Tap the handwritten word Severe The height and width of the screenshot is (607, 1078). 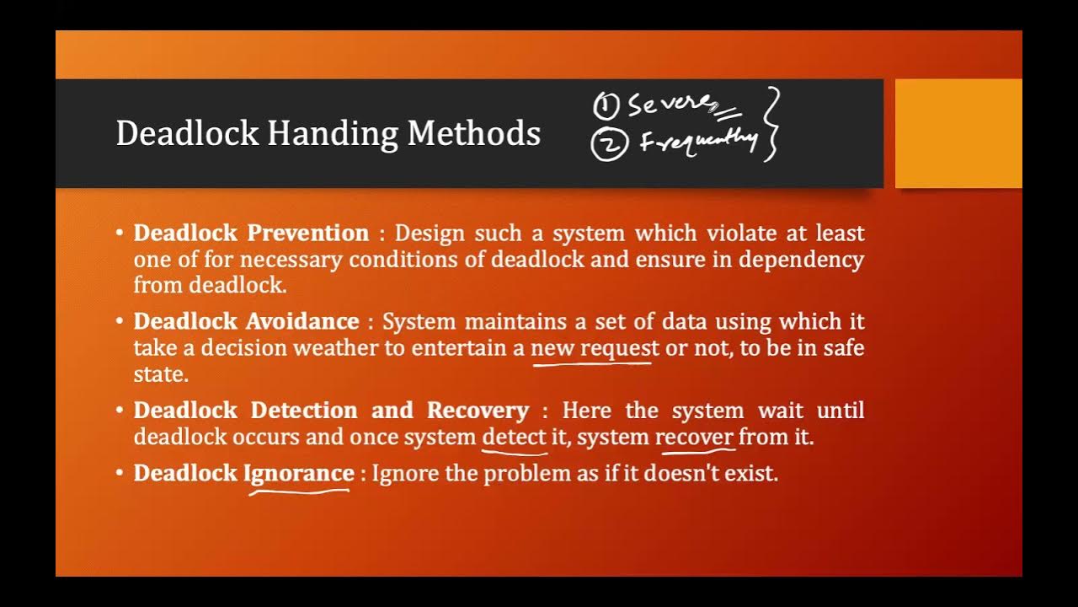pyautogui.click(x=670, y=105)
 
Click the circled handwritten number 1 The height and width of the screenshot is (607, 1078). pyautogui.click(x=606, y=106)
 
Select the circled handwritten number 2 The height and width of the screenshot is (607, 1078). pyautogui.click(x=609, y=145)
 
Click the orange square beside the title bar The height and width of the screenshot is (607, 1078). pyautogui.click(x=958, y=133)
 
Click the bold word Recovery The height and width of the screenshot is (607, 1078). pyautogui.click(x=478, y=411)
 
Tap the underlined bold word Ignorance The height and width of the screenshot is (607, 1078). pyautogui.click(x=299, y=473)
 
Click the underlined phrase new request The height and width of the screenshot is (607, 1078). pyautogui.click(x=595, y=348)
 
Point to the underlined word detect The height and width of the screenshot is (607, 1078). pyautogui.click(x=514, y=438)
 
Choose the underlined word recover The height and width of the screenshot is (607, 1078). pyautogui.click(x=695, y=438)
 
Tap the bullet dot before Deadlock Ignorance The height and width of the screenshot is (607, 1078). pyautogui.click(x=121, y=473)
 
